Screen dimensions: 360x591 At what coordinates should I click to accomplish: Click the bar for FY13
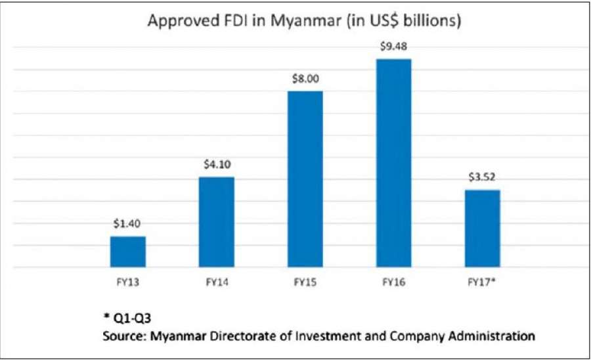[x=128, y=252]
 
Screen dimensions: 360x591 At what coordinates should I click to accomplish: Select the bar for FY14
[x=216, y=223]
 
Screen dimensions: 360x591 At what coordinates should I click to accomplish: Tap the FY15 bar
[x=305, y=179]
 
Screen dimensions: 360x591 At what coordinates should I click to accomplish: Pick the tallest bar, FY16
[x=393, y=164]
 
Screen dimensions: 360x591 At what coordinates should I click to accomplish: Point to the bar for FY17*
[x=482, y=229]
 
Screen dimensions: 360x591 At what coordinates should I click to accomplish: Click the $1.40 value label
[x=128, y=223]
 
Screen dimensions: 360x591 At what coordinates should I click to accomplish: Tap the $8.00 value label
[x=305, y=78]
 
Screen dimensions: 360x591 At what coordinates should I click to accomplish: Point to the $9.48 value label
[x=393, y=46]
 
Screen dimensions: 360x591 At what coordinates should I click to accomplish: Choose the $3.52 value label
[x=482, y=177]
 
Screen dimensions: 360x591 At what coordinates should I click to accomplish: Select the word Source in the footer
[x=123, y=336]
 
